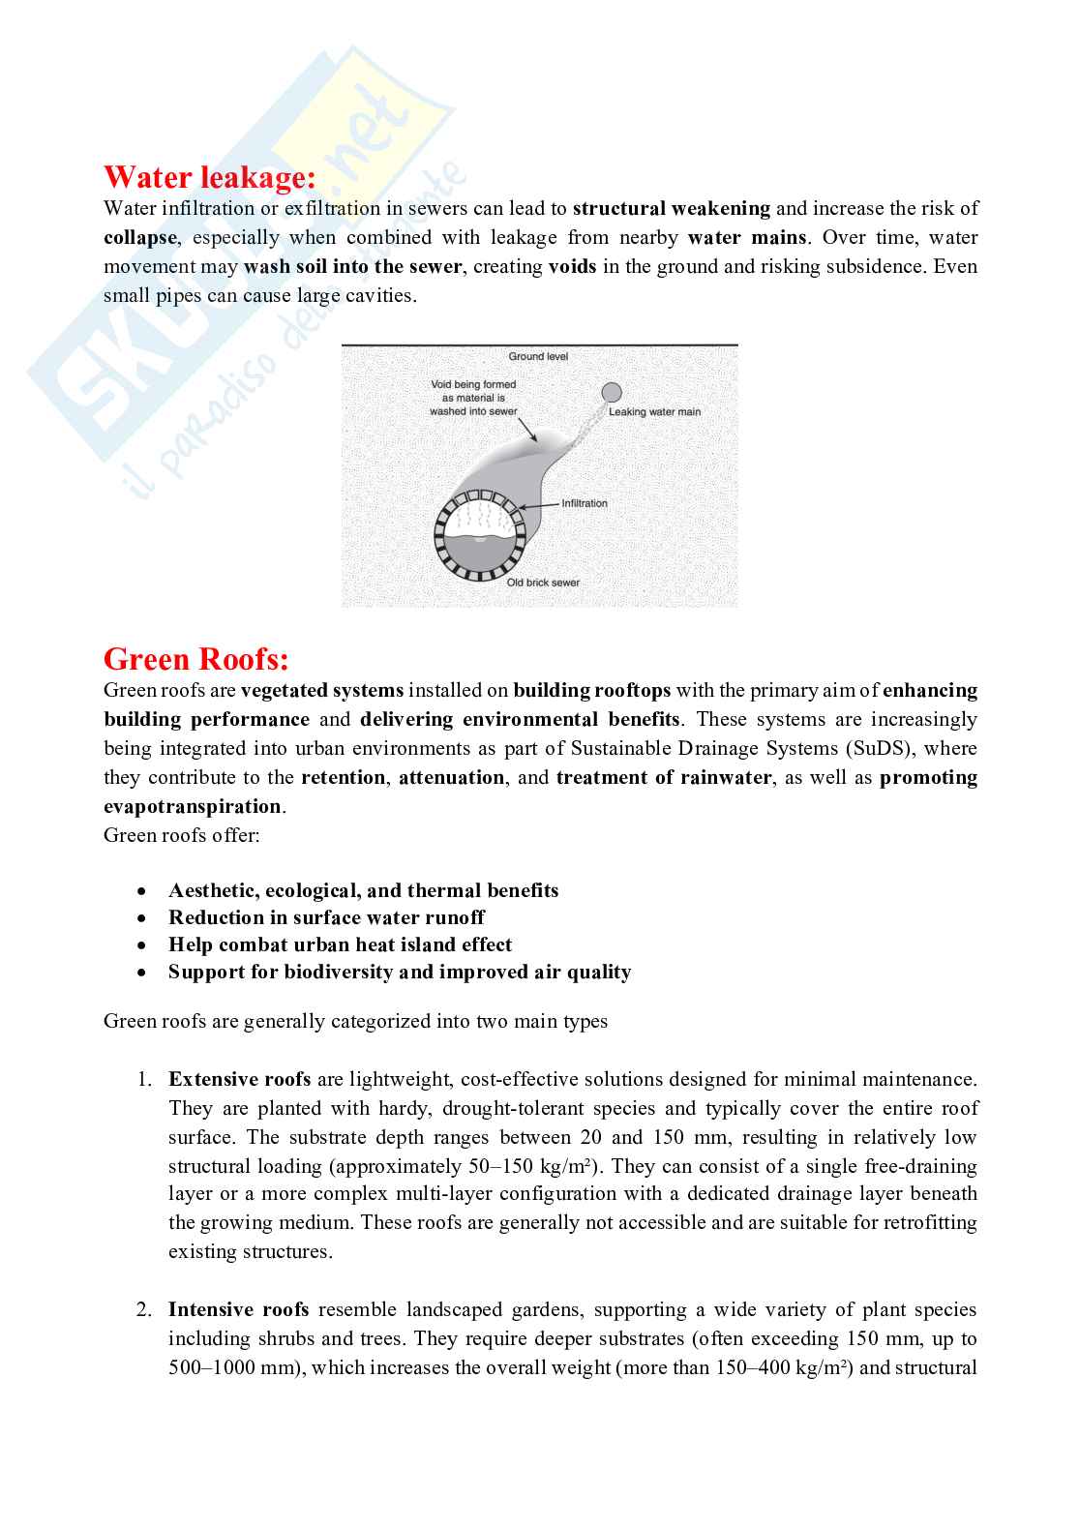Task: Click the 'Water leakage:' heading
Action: pyautogui.click(x=209, y=178)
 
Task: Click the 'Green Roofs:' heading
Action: pyautogui.click(x=196, y=660)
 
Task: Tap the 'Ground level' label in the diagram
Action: pyautogui.click(x=539, y=357)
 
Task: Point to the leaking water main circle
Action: pyautogui.click(x=612, y=392)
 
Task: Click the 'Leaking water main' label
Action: pyautogui.click(x=654, y=412)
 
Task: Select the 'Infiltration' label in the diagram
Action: pyautogui.click(x=585, y=503)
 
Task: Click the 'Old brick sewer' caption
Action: pyautogui.click(x=543, y=583)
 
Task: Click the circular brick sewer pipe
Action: pyautogui.click(x=478, y=536)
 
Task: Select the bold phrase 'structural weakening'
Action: pyautogui.click(x=672, y=208)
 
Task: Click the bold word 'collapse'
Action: pyautogui.click(x=140, y=237)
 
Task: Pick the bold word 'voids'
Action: pyautogui.click(x=572, y=266)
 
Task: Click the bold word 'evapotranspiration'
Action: pyautogui.click(x=193, y=806)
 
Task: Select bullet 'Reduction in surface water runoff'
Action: pyautogui.click(x=326, y=917)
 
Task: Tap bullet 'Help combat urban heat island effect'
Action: pyautogui.click(x=340, y=944)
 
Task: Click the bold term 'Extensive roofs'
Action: pyautogui.click(x=239, y=1079)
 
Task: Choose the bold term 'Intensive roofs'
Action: pyautogui.click(x=238, y=1309)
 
